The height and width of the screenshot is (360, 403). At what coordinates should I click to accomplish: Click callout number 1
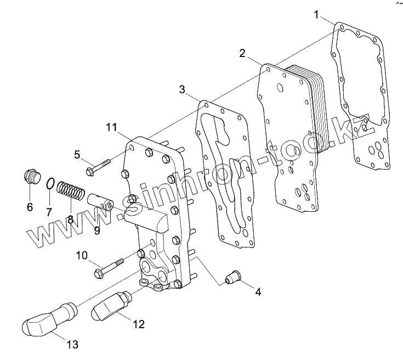[317, 15]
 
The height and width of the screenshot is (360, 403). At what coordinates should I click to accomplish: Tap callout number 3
[182, 89]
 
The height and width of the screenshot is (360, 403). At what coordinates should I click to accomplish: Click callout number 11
[112, 128]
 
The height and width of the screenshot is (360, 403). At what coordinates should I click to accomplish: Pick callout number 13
[72, 345]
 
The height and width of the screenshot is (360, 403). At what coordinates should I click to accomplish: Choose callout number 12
[139, 324]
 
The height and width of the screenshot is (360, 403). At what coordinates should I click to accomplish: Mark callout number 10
[82, 255]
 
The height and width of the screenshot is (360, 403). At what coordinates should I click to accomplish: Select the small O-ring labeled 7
[49, 184]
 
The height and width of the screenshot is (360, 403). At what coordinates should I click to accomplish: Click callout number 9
[97, 230]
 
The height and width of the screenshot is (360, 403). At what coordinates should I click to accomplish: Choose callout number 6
[30, 207]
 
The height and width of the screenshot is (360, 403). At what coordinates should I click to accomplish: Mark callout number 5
[77, 155]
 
